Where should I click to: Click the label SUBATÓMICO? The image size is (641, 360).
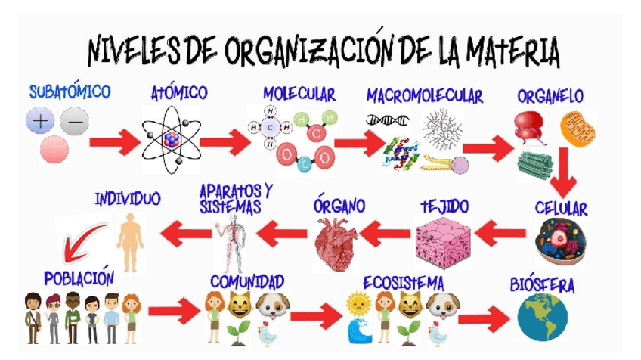pos(70,92)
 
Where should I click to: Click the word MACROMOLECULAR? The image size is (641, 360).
pos(424,96)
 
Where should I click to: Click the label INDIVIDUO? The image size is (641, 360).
pos(128,200)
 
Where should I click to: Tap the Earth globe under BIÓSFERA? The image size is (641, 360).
pos(542,317)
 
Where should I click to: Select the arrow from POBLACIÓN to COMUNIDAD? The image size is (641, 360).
pos(172,311)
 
